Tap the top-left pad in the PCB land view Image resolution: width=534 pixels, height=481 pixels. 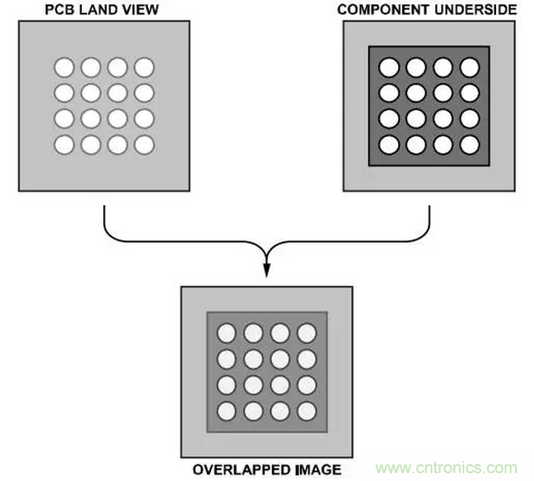[65, 66]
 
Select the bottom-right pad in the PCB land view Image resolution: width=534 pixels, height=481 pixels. [144, 144]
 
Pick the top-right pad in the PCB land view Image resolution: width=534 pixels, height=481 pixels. [144, 66]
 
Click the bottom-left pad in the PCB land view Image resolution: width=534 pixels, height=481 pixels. [65, 144]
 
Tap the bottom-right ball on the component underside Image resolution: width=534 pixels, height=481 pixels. [469, 144]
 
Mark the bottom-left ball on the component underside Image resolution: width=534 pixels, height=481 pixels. [389, 144]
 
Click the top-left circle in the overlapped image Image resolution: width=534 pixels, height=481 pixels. [227, 333]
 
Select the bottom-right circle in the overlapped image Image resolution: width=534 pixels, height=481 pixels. [307, 411]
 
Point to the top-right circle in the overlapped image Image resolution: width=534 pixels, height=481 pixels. [307, 333]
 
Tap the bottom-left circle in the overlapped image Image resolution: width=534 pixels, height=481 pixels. [227, 411]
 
